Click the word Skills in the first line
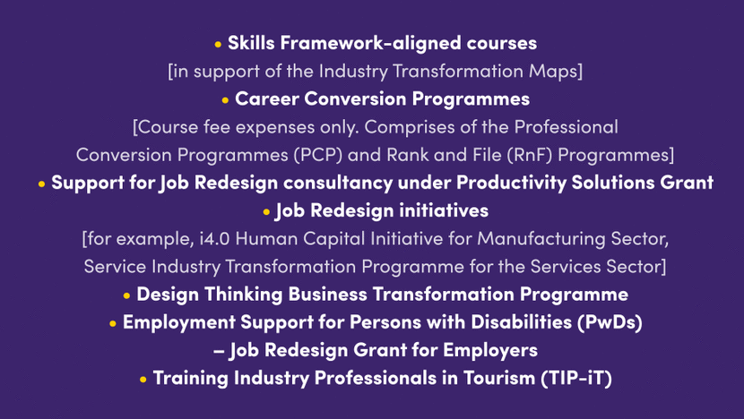coord(251,43)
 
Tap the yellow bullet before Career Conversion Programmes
coord(225,100)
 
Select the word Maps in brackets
coord(556,72)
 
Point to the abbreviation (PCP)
coord(318,155)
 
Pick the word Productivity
coord(512,183)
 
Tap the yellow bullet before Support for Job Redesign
coord(42,184)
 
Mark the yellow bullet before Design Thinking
coord(126,295)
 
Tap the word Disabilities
coord(522,322)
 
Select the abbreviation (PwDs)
coord(610,322)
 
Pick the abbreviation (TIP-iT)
coord(576,378)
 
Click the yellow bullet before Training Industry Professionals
coord(143,380)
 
